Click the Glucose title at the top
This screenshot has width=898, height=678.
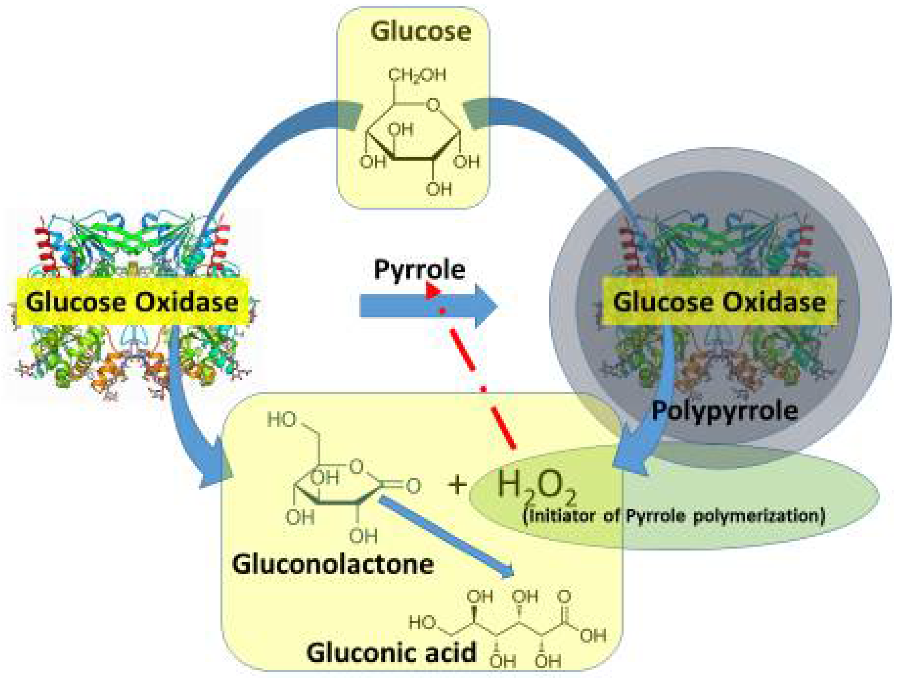tap(421, 32)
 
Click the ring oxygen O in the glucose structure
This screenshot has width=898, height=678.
tap(434, 105)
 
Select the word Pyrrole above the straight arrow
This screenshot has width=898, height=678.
tap(419, 269)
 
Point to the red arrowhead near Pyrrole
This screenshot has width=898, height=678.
tap(432, 291)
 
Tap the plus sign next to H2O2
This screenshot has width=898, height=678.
tap(458, 485)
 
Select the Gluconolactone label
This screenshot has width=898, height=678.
tap(333, 564)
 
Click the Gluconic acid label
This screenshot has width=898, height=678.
tap(391, 652)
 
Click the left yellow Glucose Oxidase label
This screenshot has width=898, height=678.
tap(132, 302)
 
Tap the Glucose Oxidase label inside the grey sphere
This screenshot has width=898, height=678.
tap(719, 302)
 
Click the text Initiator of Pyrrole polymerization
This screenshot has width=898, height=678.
tap(674, 516)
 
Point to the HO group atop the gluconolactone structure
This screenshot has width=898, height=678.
tap(281, 420)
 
